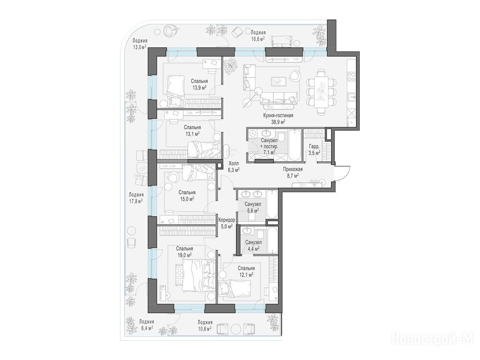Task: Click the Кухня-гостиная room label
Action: click(x=278, y=115)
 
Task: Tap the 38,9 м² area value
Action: click(x=278, y=121)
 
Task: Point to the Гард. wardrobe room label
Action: click(x=314, y=146)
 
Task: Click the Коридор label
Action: click(x=227, y=220)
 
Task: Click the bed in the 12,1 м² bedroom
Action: click(x=235, y=288)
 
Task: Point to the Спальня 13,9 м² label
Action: click(x=199, y=84)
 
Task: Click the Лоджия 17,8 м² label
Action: click(x=136, y=197)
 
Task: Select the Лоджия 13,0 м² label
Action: click(x=140, y=44)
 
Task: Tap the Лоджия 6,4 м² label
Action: click(x=146, y=324)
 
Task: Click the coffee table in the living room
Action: click(x=278, y=81)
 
